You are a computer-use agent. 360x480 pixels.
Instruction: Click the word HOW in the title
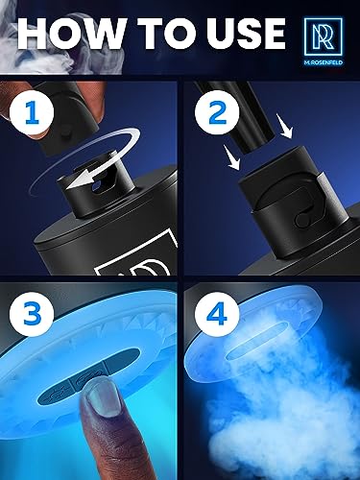(71, 34)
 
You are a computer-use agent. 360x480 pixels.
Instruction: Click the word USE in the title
(246, 34)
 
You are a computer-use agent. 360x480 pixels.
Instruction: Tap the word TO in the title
(169, 34)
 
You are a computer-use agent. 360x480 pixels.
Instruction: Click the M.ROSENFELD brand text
(323, 62)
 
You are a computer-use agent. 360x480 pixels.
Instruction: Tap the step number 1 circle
(32, 111)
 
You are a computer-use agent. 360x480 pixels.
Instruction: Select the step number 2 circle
(217, 111)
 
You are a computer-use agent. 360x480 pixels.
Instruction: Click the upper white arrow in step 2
(284, 126)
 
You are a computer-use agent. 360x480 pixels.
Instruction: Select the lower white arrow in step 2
(232, 156)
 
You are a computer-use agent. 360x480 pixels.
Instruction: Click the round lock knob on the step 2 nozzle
(302, 220)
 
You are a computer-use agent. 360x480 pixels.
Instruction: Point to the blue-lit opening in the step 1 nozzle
(97, 185)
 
